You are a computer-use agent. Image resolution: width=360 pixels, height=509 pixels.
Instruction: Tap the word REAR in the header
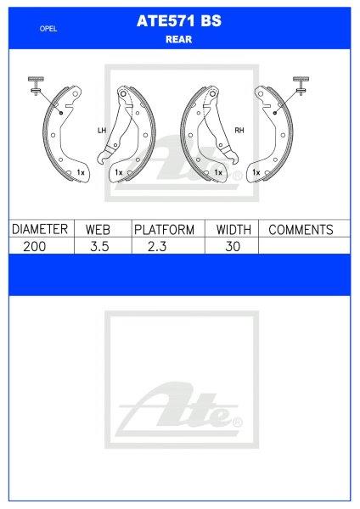point(179,38)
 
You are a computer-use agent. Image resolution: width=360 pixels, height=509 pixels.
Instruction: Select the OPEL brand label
point(48,29)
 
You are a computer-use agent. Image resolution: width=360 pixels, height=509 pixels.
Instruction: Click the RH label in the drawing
point(239,130)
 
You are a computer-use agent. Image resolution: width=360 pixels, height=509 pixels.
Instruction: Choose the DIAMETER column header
point(37,229)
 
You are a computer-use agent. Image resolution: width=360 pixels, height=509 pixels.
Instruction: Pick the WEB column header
point(101,229)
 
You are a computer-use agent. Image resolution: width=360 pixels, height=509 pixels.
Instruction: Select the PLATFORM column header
point(165,229)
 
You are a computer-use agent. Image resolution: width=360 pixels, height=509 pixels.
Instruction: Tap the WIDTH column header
point(231,229)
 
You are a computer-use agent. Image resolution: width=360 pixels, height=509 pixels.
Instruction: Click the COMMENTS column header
point(301,229)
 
